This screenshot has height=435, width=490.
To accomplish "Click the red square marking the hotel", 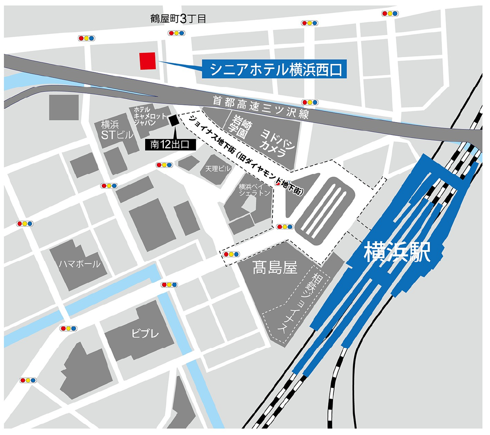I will [x=147, y=61].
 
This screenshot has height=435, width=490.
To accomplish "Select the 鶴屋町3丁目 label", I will [x=177, y=19].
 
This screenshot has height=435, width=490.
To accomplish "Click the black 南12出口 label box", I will [x=170, y=145].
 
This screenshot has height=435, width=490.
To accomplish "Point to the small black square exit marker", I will [x=174, y=120].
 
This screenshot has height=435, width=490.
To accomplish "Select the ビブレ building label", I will [x=145, y=333].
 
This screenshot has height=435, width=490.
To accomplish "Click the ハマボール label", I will [x=79, y=264].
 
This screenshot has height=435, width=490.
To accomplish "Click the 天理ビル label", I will [x=218, y=169].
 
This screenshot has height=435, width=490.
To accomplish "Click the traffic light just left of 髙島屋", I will [x=231, y=254].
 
